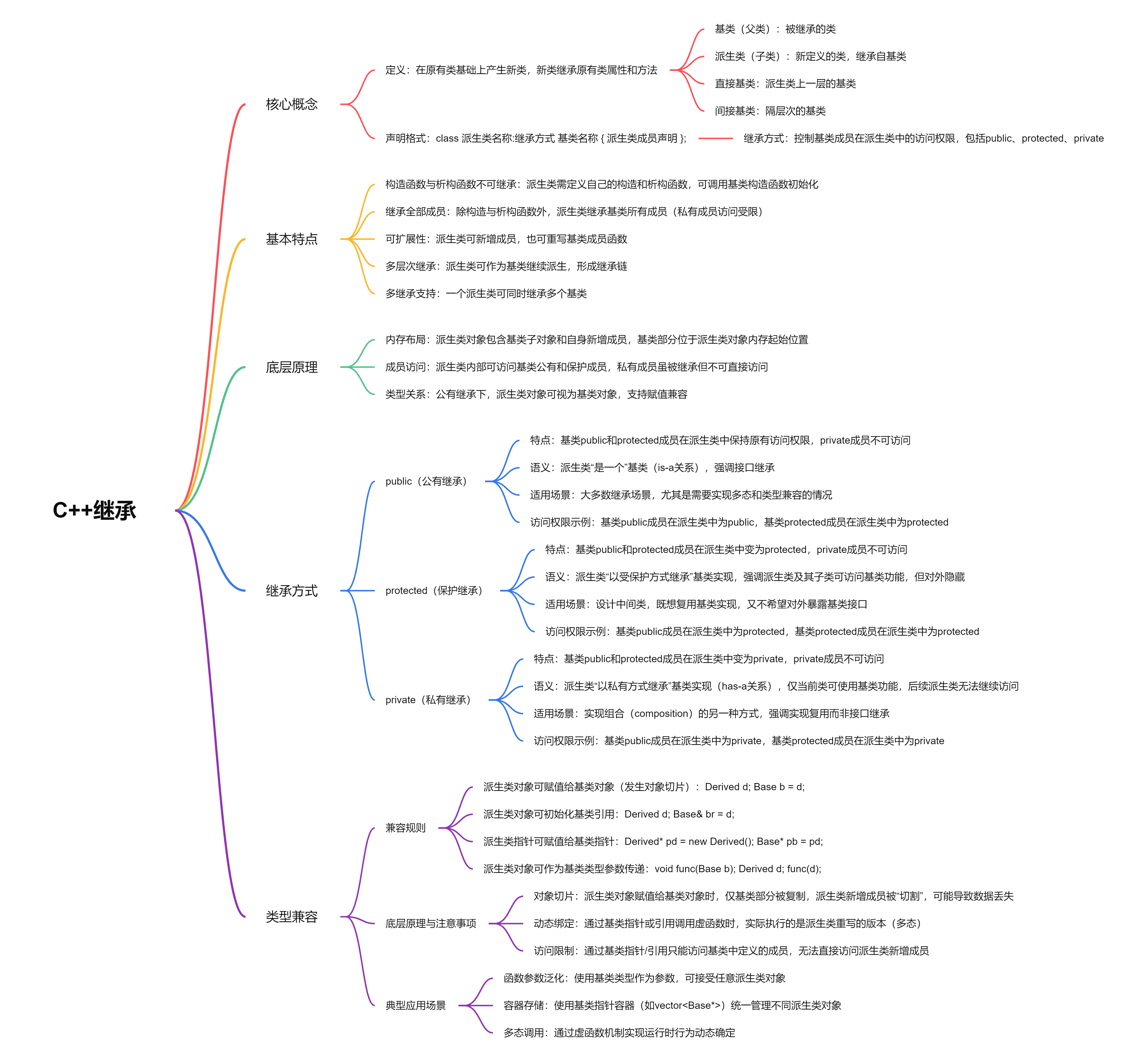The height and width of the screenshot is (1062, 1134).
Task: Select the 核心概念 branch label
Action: pos(291,104)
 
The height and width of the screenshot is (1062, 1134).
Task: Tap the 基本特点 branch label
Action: pos(291,239)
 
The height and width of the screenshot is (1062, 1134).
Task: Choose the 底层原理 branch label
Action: pos(291,367)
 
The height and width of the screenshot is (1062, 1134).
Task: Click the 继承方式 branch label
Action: pos(291,591)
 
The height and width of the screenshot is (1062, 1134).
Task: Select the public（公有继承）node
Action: pos(426,481)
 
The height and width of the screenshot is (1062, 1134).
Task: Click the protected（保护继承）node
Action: pos(434,591)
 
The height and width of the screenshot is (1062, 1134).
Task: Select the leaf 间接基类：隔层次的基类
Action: pos(770,111)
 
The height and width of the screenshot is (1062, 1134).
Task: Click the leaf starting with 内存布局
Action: pos(596,340)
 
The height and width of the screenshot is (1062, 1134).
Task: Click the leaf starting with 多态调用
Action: pos(619,1033)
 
